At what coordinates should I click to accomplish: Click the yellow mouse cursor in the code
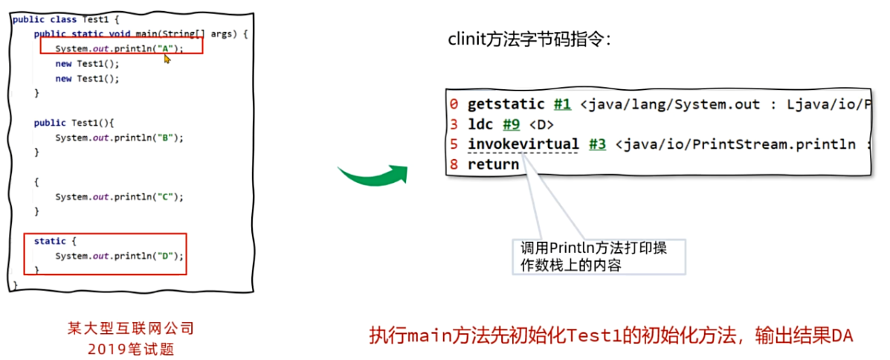pyautogui.click(x=167, y=59)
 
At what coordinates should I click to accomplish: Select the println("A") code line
pyautogui.click(x=118, y=48)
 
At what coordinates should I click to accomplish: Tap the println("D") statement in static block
pyautogui.click(x=119, y=256)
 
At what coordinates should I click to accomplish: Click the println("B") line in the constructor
pyautogui.click(x=119, y=138)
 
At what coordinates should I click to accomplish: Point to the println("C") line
pyautogui.click(x=119, y=197)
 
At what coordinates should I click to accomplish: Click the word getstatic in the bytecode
pyautogui.click(x=506, y=104)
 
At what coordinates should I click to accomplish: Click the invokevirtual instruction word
pyautogui.click(x=523, y=144)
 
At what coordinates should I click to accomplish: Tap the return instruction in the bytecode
pyautogui.click(x=493, y=164)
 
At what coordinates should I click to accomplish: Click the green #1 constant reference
pyautogui.click(x=564, y=104)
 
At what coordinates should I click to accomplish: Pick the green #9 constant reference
pyautogui.click(x=509, y=124)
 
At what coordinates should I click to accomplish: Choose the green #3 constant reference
pyautogui.click(x=597, y=144)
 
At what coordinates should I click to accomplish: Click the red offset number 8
pyautogui.click(x=454, y=164)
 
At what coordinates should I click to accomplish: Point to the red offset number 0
pyautogui.click(x=454, y=104)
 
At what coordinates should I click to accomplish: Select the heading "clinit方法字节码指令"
pyautogui.click(x=529, y=40)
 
